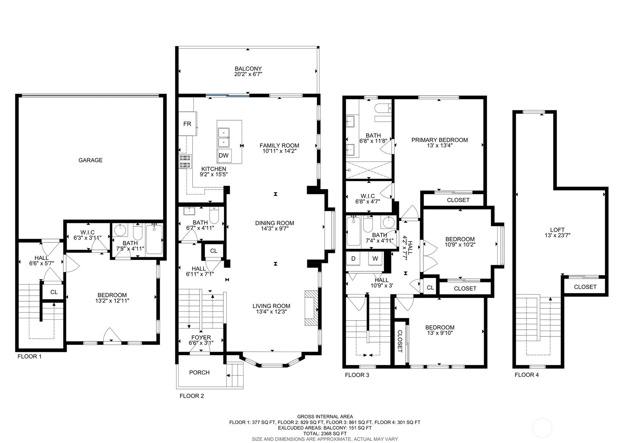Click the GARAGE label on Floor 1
(x=90, y=160)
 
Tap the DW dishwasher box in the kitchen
(x=224, y=155)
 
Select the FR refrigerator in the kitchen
(x=187, y=123)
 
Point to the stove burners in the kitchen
(x=185, y=161)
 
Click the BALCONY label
(x=248, y=69)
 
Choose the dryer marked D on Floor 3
(x=353, y=258)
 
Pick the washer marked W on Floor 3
(x=375, y=258)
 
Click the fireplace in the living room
(x=311, y=308)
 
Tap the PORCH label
(x=199, y=373)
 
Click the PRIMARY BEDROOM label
(x=439, y=140)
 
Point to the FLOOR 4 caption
(x=527, y=374)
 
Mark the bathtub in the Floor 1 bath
(x=154, y=239)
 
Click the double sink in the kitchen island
(x=224, y=137)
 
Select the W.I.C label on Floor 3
(x=368, y=196)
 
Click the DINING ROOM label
(x=274, y=223)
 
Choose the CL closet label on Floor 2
(x=214, y=251)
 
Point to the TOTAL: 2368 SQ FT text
(x=325, y=433)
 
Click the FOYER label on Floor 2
(x=201, y=338)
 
